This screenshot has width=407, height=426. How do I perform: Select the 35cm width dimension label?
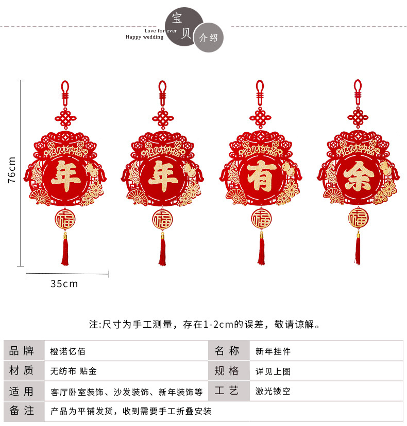(x=64, y=283)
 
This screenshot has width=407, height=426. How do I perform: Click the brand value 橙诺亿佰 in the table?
(x=67, y=352)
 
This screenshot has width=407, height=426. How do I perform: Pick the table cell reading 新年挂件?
(x=273, y=352)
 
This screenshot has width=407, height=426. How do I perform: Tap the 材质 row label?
(x=22, y=371)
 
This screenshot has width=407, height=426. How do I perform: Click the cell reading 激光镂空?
(x=273, y=391)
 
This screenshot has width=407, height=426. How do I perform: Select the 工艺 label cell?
(x=227, y=391)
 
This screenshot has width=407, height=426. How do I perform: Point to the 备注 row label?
(x=22, y=411)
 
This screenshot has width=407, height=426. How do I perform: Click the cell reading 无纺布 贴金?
(x=73, y=371)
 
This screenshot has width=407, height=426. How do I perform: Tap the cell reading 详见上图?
(x=273, y=371)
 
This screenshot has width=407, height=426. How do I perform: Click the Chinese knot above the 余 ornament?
(x=358, y=117)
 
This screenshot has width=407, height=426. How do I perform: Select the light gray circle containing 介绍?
(x=208, y=37)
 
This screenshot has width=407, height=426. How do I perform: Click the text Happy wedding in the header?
(x=144, y=37)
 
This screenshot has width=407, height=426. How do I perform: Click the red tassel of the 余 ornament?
(x=358, y=251)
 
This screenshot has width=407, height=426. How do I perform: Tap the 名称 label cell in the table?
(x=227, y=351)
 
